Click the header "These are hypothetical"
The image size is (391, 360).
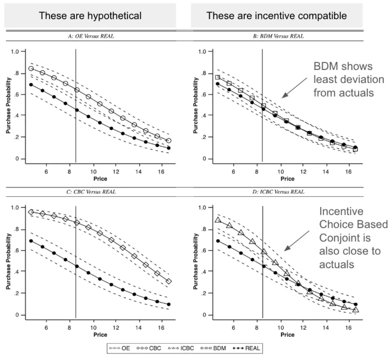[x=90, y=15]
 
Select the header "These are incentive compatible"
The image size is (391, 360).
[x=277, y=15]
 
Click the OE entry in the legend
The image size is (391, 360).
[x=120, y=348]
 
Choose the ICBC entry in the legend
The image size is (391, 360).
[x=181, y=348]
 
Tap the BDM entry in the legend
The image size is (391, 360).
[x=214, y=348]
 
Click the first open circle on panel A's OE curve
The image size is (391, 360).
[x=31, y=68]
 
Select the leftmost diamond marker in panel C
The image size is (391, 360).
[x=31, y=212]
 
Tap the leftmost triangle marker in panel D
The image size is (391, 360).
[x=218, y=220]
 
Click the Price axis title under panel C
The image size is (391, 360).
[x=100, y=335]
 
